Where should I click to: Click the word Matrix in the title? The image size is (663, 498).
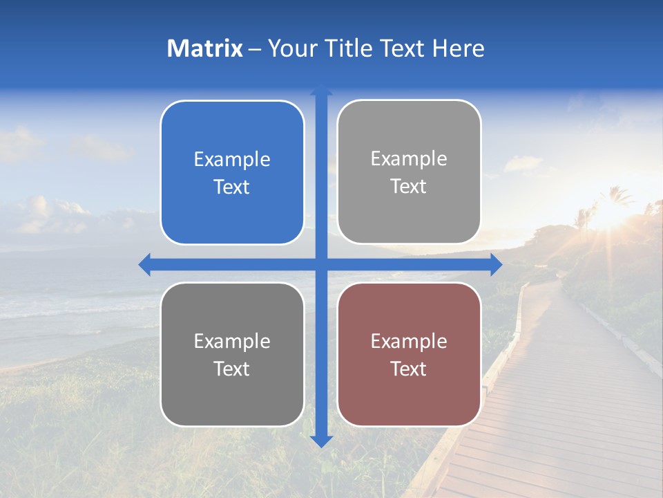[205, 48]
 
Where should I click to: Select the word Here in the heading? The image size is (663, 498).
[458, 48]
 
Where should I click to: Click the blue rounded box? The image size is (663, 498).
[232, 173]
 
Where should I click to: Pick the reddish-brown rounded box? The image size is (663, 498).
[409, 354]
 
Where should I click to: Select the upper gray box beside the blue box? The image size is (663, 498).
[409, 172]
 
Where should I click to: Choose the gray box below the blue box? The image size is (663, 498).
[232, 354]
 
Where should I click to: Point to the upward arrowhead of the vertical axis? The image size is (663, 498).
[321, 90]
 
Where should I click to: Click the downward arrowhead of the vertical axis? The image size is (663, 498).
[321, 441]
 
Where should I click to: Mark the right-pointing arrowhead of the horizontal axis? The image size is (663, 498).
[496, 264]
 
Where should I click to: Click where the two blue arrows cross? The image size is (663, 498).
[321, 264]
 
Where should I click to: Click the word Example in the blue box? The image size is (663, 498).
[232, 159]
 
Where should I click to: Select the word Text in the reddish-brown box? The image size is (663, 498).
[409, 369]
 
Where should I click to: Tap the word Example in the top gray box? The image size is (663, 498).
[409, 158]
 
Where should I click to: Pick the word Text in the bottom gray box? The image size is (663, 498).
[232, 369]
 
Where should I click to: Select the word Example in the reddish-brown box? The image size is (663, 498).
[409, 341]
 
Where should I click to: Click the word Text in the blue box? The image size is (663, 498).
[232, 187]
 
